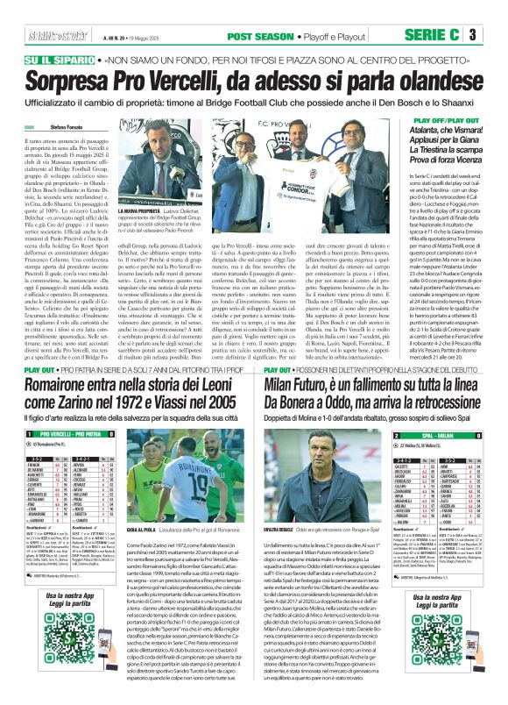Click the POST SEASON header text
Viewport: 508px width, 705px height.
coord(256,36)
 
